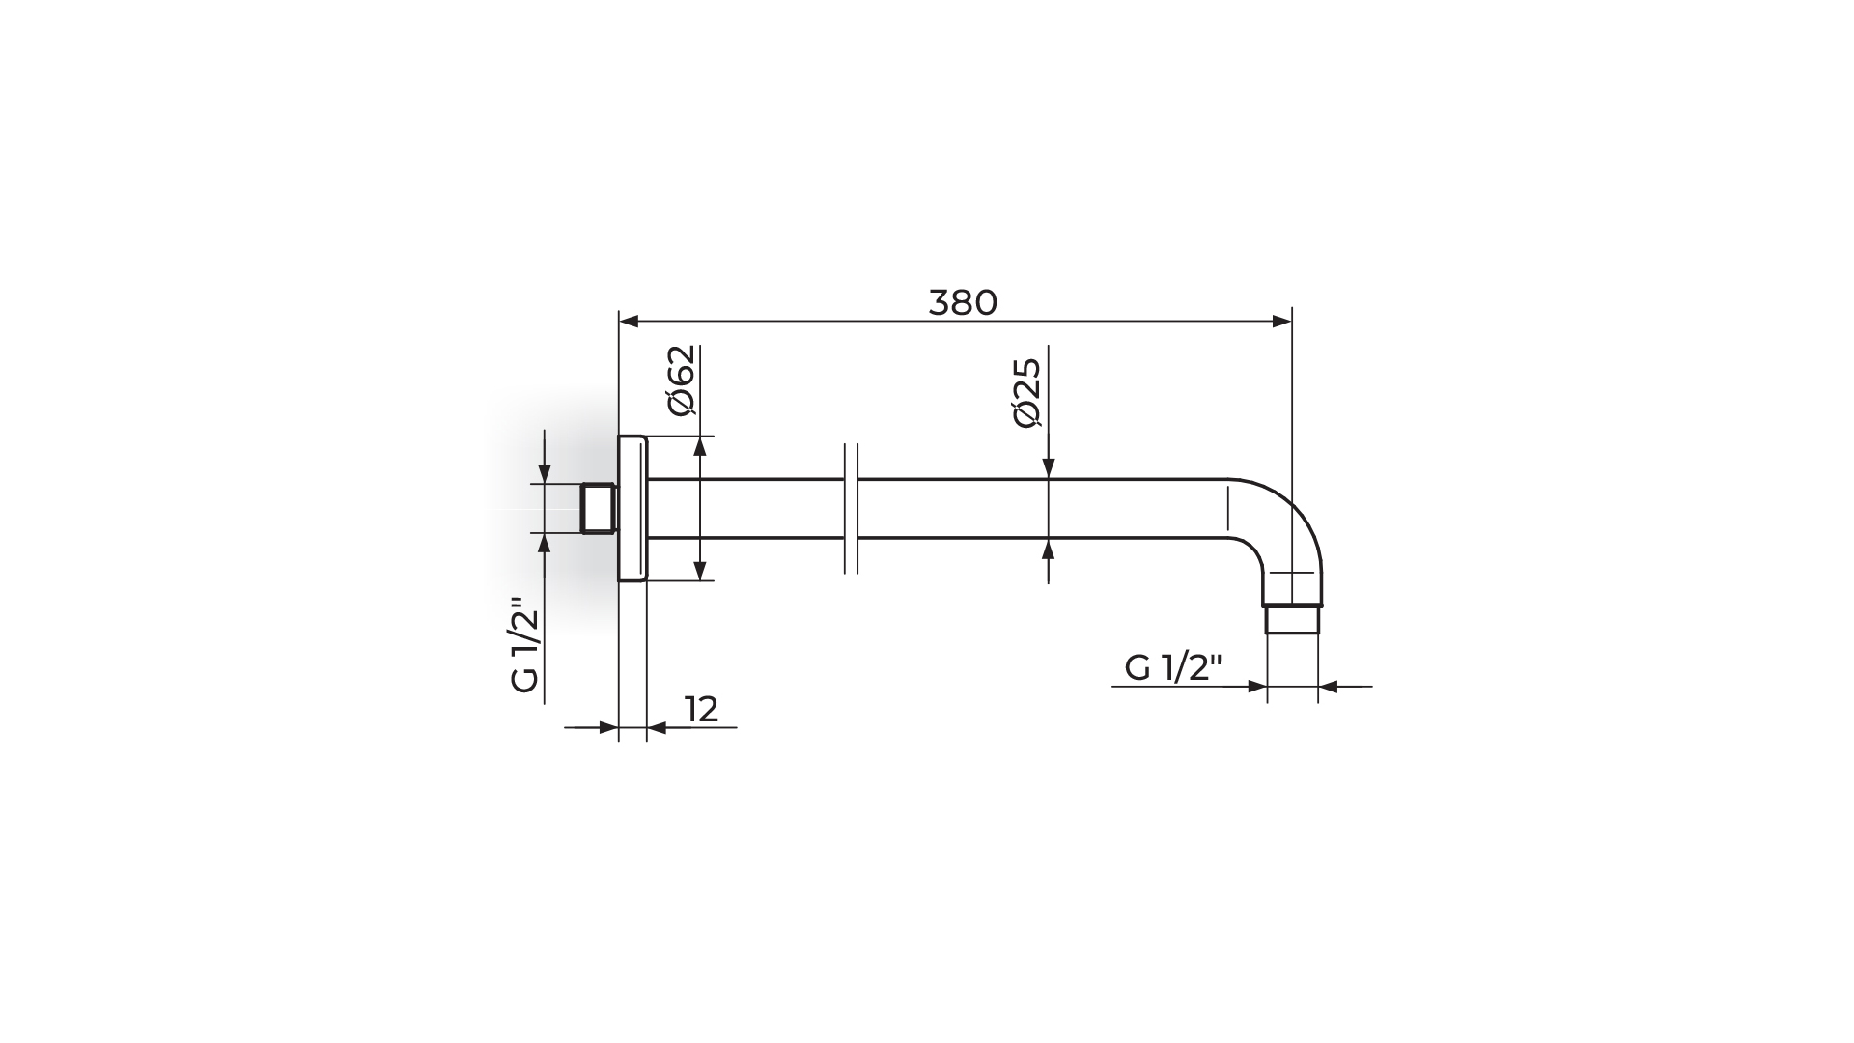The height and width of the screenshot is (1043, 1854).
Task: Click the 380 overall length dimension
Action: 963,303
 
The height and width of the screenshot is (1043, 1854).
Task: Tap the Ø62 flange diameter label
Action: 681,380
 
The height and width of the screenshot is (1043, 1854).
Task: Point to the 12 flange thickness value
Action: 702,710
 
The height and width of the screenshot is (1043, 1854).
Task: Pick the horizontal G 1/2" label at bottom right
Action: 1173,667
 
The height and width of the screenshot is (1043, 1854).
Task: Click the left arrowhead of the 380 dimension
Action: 630,322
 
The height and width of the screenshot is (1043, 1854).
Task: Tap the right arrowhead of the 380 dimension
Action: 1281,322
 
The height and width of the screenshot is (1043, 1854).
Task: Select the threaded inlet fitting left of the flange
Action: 599,508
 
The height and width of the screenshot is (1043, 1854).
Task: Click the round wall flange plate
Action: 632,508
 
